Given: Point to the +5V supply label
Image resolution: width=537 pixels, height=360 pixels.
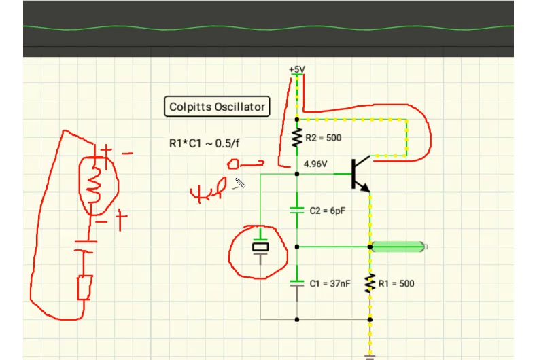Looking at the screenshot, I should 297,70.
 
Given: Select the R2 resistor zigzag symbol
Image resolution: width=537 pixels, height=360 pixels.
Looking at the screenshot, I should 296,138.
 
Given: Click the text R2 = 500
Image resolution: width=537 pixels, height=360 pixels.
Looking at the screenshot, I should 323,138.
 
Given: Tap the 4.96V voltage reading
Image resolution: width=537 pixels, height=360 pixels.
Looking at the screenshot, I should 315,164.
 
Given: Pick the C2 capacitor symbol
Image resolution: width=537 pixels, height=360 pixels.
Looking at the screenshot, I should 296,211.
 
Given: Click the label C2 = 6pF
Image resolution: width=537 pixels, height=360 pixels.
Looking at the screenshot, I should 328,211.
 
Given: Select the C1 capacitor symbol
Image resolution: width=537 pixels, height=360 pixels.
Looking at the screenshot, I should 296,283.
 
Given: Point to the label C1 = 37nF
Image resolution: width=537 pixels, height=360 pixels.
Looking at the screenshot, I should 330,283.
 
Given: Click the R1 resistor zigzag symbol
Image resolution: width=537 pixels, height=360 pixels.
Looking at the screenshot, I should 370,283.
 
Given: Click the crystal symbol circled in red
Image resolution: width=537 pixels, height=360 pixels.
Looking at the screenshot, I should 260,247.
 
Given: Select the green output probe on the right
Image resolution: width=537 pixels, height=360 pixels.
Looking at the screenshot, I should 401,247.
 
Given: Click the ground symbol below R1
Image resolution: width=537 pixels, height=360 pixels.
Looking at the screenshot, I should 370,355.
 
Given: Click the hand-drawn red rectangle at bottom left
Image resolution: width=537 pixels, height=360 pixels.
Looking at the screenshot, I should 85,287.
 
